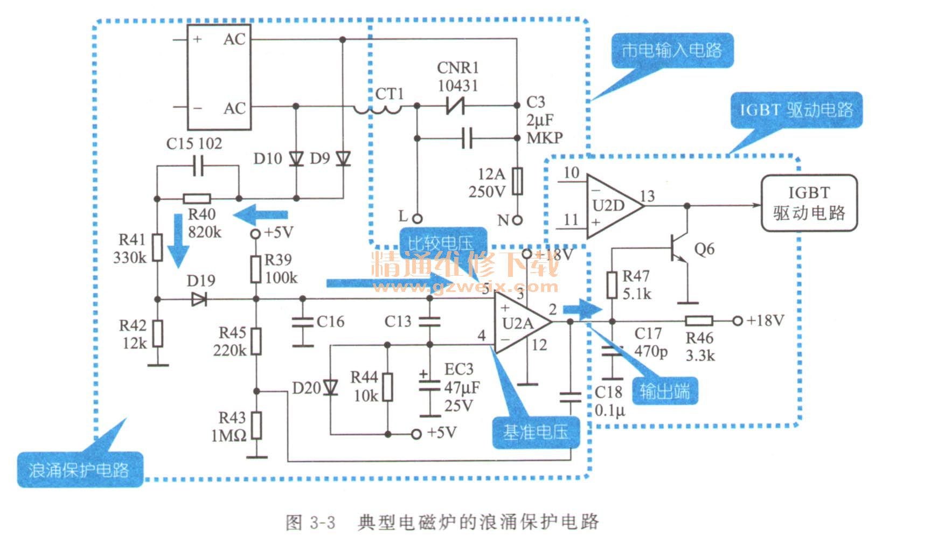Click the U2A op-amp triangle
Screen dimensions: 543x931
(520, 323)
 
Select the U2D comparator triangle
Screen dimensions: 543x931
(612, 206)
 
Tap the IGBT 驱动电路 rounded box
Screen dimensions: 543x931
(808, 203)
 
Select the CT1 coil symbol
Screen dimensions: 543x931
(378, 109)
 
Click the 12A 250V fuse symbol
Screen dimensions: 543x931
(517, 181)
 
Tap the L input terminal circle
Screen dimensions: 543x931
(417, 219)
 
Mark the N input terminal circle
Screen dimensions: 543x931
(517, 220)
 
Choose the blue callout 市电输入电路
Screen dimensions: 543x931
(672, 51)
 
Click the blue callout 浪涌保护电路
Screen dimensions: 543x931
(79, 470)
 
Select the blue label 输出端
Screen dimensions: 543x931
(665, 391)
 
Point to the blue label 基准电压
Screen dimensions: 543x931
(536, 432)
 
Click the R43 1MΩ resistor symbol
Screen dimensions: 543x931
(256, 426)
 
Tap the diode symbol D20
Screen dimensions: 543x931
(330, 387)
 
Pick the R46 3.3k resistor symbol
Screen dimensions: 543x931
(699, 321)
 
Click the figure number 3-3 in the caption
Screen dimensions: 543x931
(323, 522)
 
